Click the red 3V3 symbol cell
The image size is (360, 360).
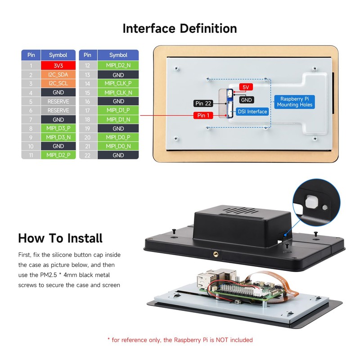coord(58,66)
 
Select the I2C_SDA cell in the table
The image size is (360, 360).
coord(58,75)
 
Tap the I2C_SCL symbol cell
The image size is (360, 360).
coord(58,84)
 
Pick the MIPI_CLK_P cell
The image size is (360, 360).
coord(118,84)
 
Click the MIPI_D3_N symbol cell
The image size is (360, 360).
coord(58,137)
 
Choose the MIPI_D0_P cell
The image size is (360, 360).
coord(118,137)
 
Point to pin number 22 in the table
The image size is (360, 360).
coord(88,155)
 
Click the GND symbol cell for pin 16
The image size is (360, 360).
coord(118,102)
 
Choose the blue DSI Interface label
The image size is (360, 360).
coord(252,111)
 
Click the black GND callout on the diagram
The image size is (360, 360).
coord(246,100)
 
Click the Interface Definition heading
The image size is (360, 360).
coord(180,28)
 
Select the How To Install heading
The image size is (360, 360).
coord(60,238)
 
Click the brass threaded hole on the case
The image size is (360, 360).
coord(215,254)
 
